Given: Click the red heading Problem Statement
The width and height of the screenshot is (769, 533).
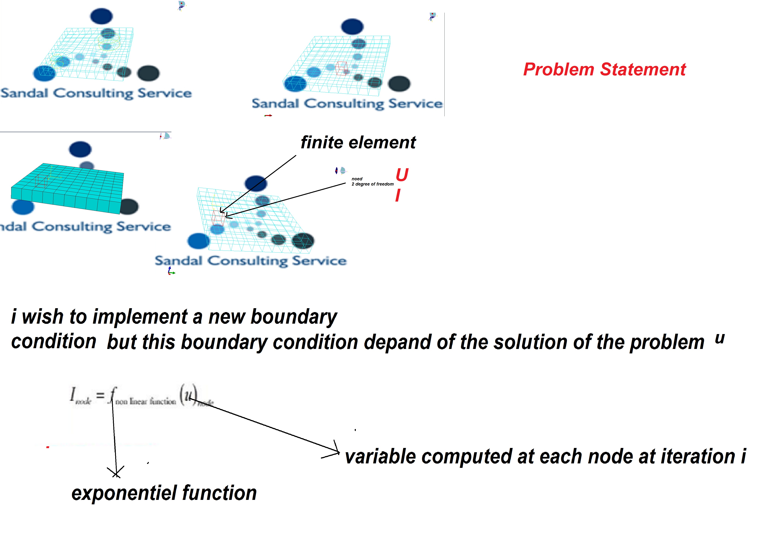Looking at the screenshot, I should (x=604, y=69).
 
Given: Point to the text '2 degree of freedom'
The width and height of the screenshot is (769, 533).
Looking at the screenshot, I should (x=372, y=184).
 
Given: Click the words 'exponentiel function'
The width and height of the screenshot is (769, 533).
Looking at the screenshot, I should (x=164, y=493).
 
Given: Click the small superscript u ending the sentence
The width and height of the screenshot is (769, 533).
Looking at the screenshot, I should (x=720, y=339).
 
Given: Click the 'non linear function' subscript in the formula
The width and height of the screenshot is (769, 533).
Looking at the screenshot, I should (x=146, y=401).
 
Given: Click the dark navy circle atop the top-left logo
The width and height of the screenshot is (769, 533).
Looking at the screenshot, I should (x=101, y=16).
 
